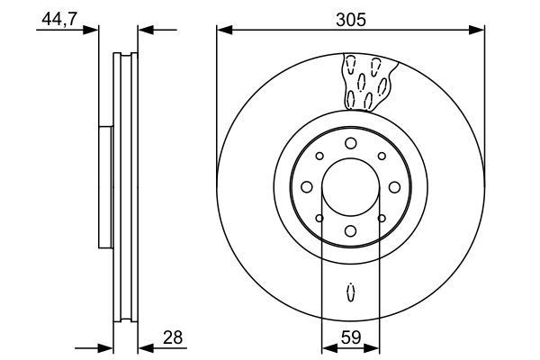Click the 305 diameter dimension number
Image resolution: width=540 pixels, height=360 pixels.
(351, 20)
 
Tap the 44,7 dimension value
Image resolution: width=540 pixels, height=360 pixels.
(59, 19)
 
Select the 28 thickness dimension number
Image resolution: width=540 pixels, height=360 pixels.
(173, 337)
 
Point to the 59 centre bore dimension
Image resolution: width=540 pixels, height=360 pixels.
(351, 337)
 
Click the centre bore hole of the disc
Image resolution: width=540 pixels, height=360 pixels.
(351, 187)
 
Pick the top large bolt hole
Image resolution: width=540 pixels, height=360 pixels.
(351, 143)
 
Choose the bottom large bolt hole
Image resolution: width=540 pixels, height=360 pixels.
(351, 231)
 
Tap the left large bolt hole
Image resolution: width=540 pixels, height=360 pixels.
(307, 187)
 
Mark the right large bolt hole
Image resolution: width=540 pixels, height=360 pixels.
(395, 187)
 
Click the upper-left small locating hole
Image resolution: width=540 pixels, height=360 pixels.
(319, 156)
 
